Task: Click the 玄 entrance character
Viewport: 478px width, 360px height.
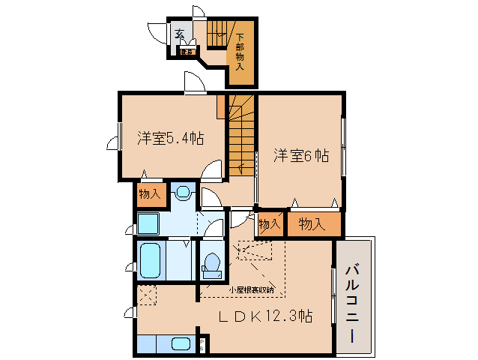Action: coord(180,34)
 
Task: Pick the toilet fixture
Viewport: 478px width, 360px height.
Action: coord(211,264)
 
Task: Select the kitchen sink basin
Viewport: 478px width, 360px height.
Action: coord(181,345)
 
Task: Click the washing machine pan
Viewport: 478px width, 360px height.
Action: coord(147,223)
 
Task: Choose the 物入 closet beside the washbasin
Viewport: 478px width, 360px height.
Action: coord(150,194)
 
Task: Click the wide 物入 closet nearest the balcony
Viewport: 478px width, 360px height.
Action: coord(311,224)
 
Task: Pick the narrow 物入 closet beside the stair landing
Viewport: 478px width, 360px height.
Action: coord(270,223)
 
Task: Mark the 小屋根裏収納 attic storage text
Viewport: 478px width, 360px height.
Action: coord(251,289)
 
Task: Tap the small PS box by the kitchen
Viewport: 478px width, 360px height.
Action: coord(202,346)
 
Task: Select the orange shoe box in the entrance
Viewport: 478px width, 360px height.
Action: coord(187,52)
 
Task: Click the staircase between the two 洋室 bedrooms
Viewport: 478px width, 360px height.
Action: coord(241,135)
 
